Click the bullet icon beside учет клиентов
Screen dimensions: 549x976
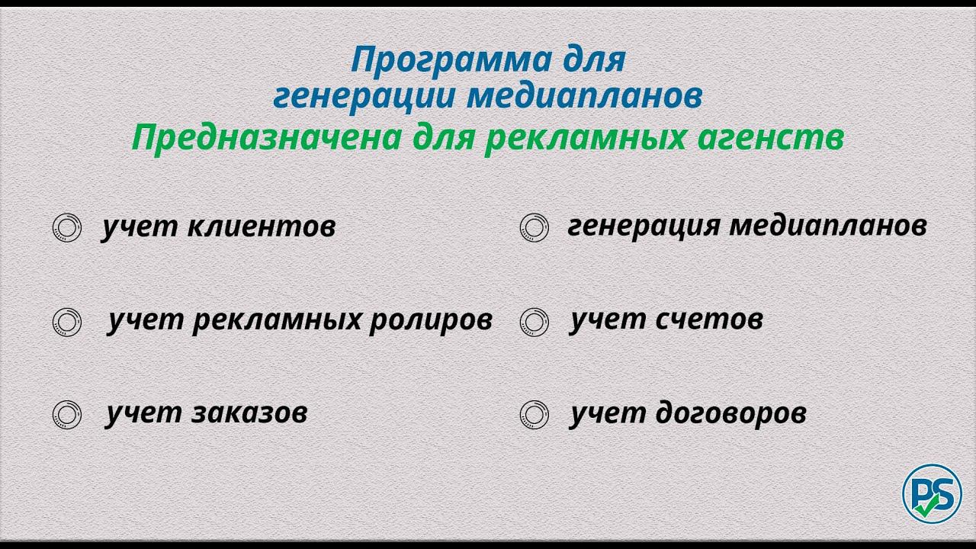click(67, 228)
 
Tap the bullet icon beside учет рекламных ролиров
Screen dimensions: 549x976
click(67, 321)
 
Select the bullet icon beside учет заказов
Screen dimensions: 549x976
click(67, 414)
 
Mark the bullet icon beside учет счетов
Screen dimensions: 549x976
click(535, 321)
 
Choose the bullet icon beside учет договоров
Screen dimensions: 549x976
click(535, 414)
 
